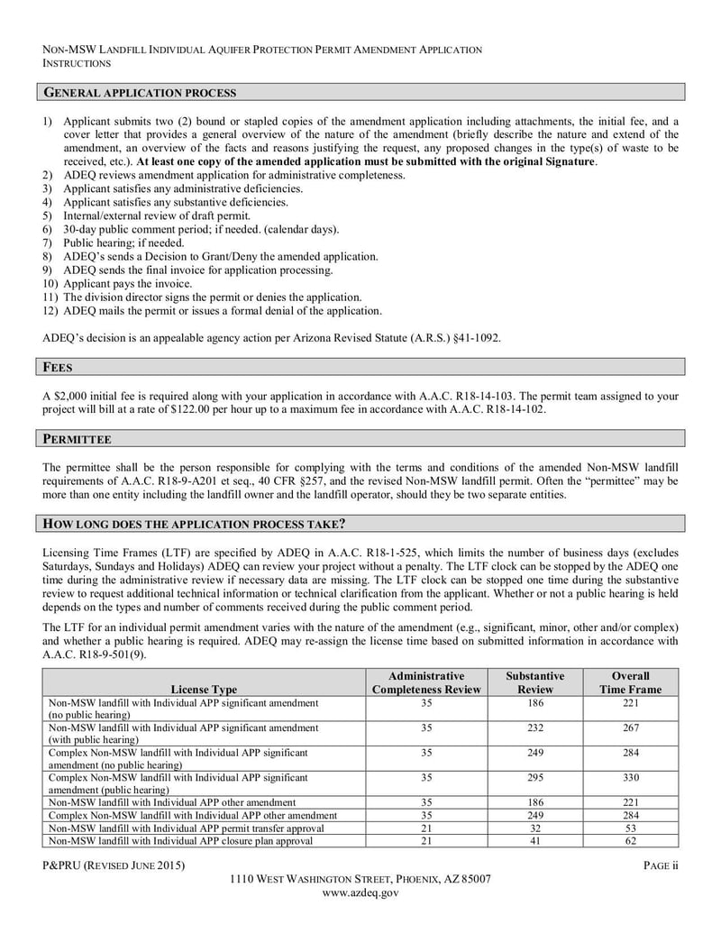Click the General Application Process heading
(x=141, y=93)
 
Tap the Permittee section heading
(x=78, y=439)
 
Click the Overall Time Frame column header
(x=630, y=682)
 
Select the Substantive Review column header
(x=534, y=682)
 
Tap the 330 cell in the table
(x=630, y=777)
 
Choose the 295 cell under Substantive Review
(x=534, y=777)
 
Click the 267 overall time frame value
(x=630, y=727)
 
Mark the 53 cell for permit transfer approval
(x=630, y=828)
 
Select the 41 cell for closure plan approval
(x=534, y=840)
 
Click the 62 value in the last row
(x=630, y=840)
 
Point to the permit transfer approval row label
(x=186, y=828)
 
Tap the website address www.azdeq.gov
(x=360, y=892)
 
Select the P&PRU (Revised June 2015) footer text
(x=114, y=866)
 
